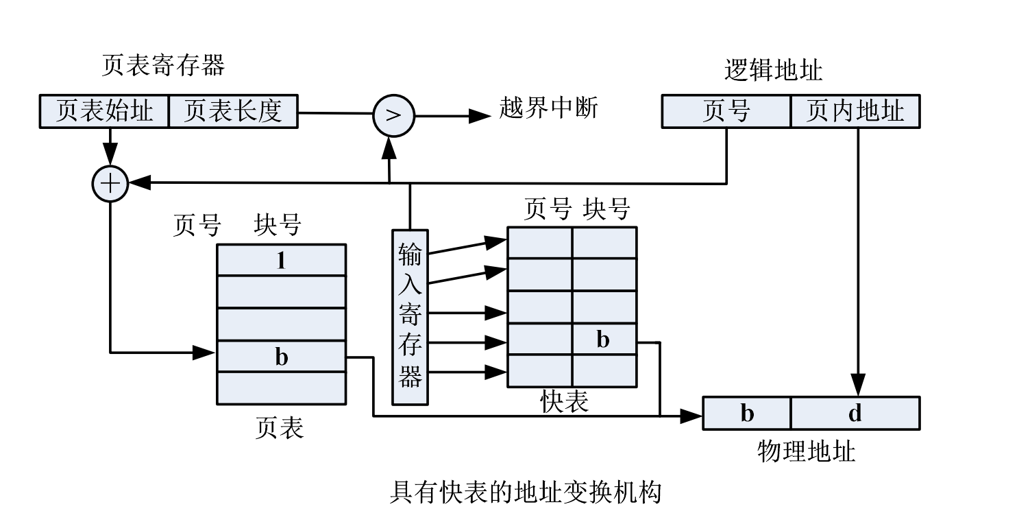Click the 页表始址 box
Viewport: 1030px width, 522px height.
pyautogui.click(x=104, y=111)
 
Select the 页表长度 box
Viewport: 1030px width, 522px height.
pyautogui.click(x=233, y=111)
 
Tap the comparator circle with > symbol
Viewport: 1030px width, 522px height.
pyautogui.click(x=393, y=115)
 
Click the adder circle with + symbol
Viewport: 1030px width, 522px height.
pyautogui.click(x=110, y=184)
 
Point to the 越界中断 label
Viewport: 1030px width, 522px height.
pyautogui.click(x=548, y=109)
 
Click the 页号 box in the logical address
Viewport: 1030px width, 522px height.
pyautogui.click(x=726, y=112)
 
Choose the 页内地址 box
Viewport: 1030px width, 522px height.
pyautogui.click(x=855, y=112)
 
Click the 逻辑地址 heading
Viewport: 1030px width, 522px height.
pyautogui.click(x=773, y=70)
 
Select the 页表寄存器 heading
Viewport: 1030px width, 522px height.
pyautogui.click(x=163, y=66)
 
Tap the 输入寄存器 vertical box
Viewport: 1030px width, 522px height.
pyautogui.click(x=410, y=317)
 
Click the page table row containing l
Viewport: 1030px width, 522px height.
pyautogui.click(x=281, y=260)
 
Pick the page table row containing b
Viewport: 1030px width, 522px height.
pyautogui.click(x=281, y=357)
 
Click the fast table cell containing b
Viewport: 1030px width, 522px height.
pyautogui.click(x=604, y=340)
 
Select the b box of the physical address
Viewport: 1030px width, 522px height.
pyautogui.click(x=747, y=413)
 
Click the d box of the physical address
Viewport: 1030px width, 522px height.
pyautogui.click(x=855, y=413)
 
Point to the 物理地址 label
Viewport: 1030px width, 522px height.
pyautogui.click(x=806, y=451)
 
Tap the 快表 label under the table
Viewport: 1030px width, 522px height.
pyautogui.click(x=564, y=401)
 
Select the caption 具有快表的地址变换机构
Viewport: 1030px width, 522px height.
pyautogui.click(x=525, y=492)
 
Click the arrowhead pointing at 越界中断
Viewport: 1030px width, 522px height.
pyautogui.click(x=479, y=116)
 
